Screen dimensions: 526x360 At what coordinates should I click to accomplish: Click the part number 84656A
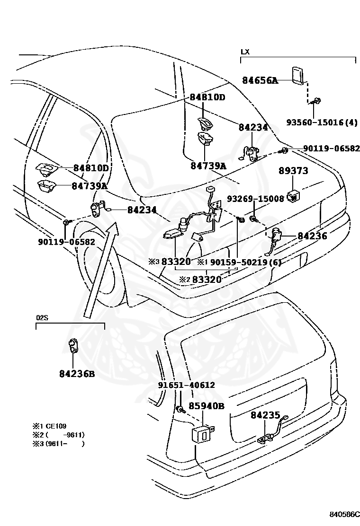[260, 81]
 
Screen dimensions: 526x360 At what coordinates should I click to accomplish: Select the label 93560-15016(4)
[322, 122]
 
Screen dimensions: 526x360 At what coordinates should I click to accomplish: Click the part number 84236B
[77, 374]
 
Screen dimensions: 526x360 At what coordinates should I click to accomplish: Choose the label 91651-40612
[186, 385]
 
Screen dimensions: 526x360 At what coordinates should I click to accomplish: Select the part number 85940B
[207, 406]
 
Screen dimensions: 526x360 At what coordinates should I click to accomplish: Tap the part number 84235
[265, 415]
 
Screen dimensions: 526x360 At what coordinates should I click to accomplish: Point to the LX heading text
[245, 51]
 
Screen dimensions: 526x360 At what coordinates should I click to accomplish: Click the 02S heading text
[42, 317]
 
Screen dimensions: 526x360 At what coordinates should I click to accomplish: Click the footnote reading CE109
[57, 426]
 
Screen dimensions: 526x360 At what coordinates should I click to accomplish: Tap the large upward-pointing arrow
[99, 270]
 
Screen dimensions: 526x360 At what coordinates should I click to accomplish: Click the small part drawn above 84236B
[73, 346]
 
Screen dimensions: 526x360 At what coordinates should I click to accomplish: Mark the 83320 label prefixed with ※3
[176, 262]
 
